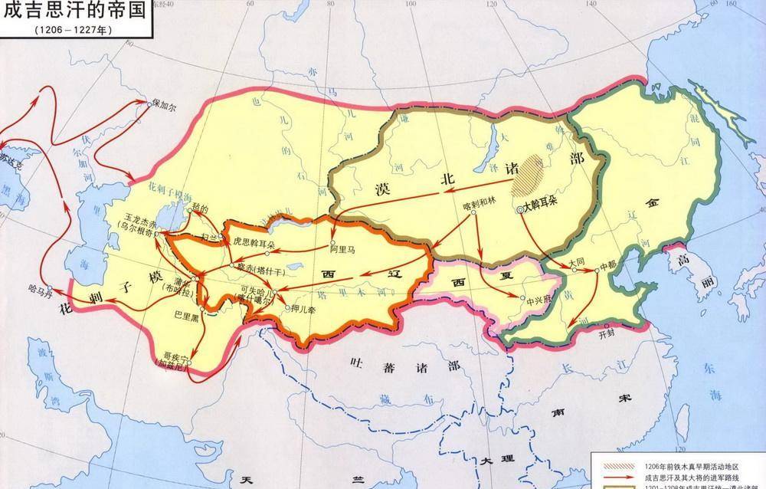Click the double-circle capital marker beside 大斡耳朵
tap(520, 208)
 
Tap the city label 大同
tap(581, 261)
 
